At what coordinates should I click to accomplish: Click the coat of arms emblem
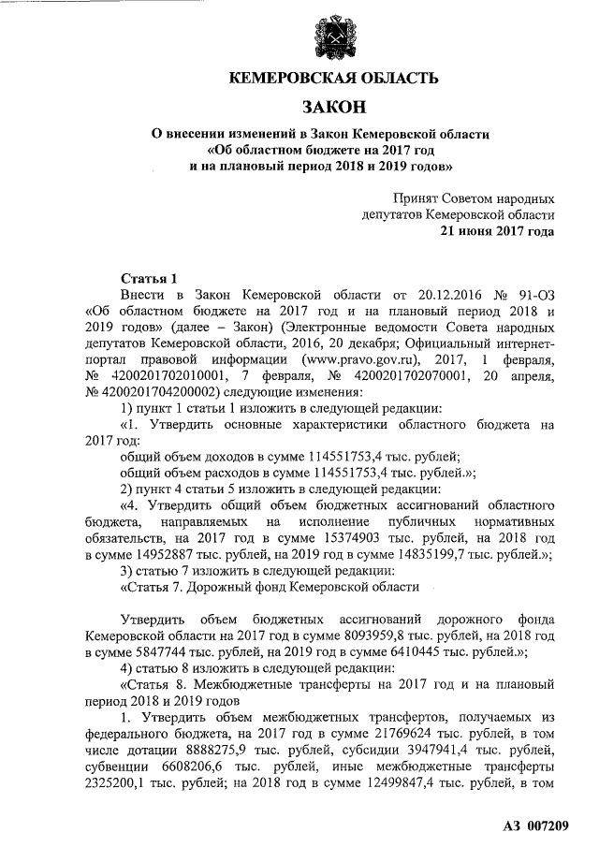(334, 36)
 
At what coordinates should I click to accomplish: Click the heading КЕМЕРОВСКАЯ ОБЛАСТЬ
(334, 78)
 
